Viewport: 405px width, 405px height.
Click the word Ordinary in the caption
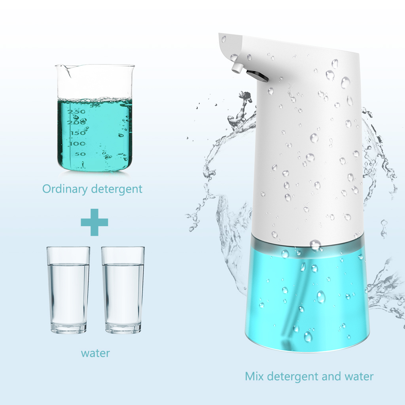65,189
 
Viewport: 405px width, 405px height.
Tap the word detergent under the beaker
116,189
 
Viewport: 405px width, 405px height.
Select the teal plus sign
94,222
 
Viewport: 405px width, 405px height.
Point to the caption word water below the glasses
95,352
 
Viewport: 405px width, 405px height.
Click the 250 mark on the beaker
76,112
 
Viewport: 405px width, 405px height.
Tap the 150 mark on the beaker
78,133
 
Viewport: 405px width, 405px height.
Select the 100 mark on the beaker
77,143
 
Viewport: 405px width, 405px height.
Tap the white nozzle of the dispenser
237,68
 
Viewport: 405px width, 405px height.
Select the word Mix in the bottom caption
254,376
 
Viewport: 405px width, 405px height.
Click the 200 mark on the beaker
76,123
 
